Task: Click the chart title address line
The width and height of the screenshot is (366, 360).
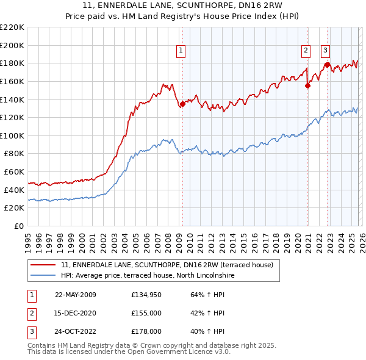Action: point(183,6)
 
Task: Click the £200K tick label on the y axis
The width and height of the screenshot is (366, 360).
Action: point(12,45)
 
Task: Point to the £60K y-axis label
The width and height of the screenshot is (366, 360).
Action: point(13,172)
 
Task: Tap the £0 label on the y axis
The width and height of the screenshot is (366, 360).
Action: point(18,226)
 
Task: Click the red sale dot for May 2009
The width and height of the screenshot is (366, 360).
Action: point(182,104)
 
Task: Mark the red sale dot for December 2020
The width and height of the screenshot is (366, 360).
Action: point(307,85)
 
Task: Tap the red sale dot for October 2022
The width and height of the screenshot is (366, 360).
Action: point(328,65)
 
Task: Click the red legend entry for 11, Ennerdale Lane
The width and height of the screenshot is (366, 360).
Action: point(171,264)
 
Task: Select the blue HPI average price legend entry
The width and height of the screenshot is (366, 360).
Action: point(146,275)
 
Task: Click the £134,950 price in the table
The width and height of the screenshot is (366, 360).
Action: point(146,295)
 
